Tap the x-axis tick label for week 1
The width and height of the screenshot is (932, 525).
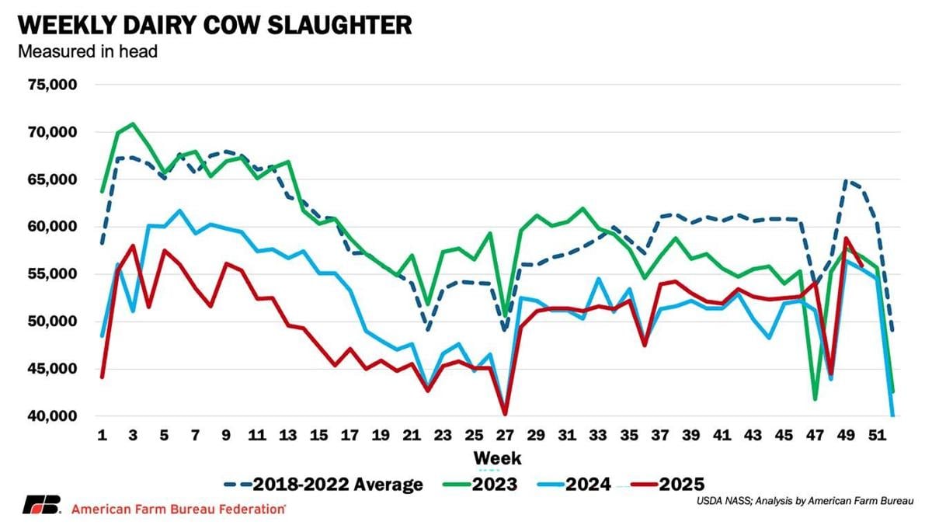pos(103,435)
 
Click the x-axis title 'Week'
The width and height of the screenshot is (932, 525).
pos(497,457)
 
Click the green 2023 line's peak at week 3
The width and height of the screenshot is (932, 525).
pos(134,123)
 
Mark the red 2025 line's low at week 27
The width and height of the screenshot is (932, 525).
pos(506,414)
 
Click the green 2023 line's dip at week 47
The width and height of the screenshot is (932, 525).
pos(815,399)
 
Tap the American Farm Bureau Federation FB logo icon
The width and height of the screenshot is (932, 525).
pos(40,506)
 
